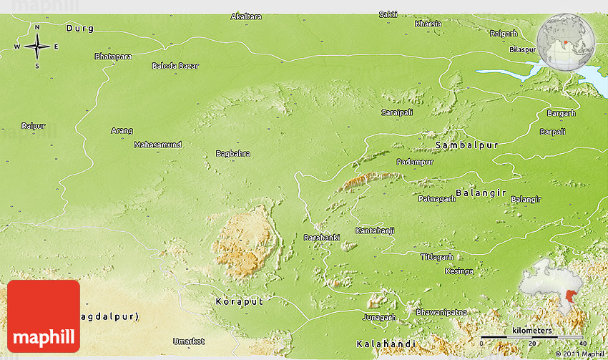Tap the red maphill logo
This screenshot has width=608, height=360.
(x=44, y=316)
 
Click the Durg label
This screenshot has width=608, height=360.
(x=79, y=29)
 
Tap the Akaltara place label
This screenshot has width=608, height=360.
(x=246, y=16)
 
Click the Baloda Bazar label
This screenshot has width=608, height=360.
(x=175, y=66)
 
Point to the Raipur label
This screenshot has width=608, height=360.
(x=33, y=126)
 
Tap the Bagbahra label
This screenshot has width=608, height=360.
(x=233, y=153)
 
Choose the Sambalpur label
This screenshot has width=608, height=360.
(x=466, y=145)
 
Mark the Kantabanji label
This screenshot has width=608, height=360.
(x=375, y=230)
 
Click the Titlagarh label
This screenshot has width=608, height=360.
(x=437, y=256)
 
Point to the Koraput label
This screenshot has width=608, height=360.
(x=239, y=302)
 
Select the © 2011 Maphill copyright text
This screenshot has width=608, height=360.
(x=580, y=354)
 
